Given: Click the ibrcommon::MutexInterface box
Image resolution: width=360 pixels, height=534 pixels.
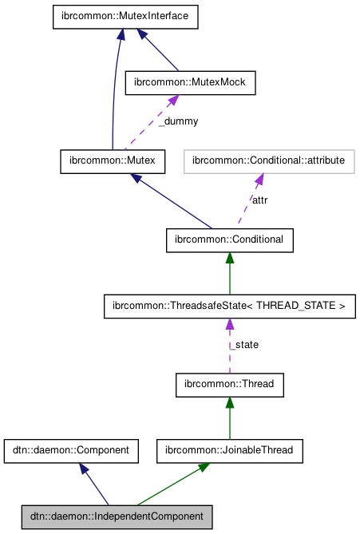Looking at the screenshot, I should coord(125,18).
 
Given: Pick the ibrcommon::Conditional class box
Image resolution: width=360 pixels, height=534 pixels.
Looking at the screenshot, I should coord(230,239).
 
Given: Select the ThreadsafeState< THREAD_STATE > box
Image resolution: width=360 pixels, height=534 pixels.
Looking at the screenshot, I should coord(230,306).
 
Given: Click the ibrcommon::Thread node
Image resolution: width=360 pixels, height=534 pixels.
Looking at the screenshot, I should coord(230,384).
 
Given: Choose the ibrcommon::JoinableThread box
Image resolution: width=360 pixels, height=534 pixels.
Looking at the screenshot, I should coord(230,450).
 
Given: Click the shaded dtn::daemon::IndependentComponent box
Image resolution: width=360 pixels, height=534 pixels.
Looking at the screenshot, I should coord(117,516).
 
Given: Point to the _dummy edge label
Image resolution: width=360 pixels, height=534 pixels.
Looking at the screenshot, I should coord(177,121).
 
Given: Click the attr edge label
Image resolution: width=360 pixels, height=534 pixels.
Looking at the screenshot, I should coord(260,200).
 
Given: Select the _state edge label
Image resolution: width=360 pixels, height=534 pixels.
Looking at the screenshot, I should coord(244,344).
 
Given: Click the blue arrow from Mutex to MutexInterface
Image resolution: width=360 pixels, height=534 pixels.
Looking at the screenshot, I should coord(117,88).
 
